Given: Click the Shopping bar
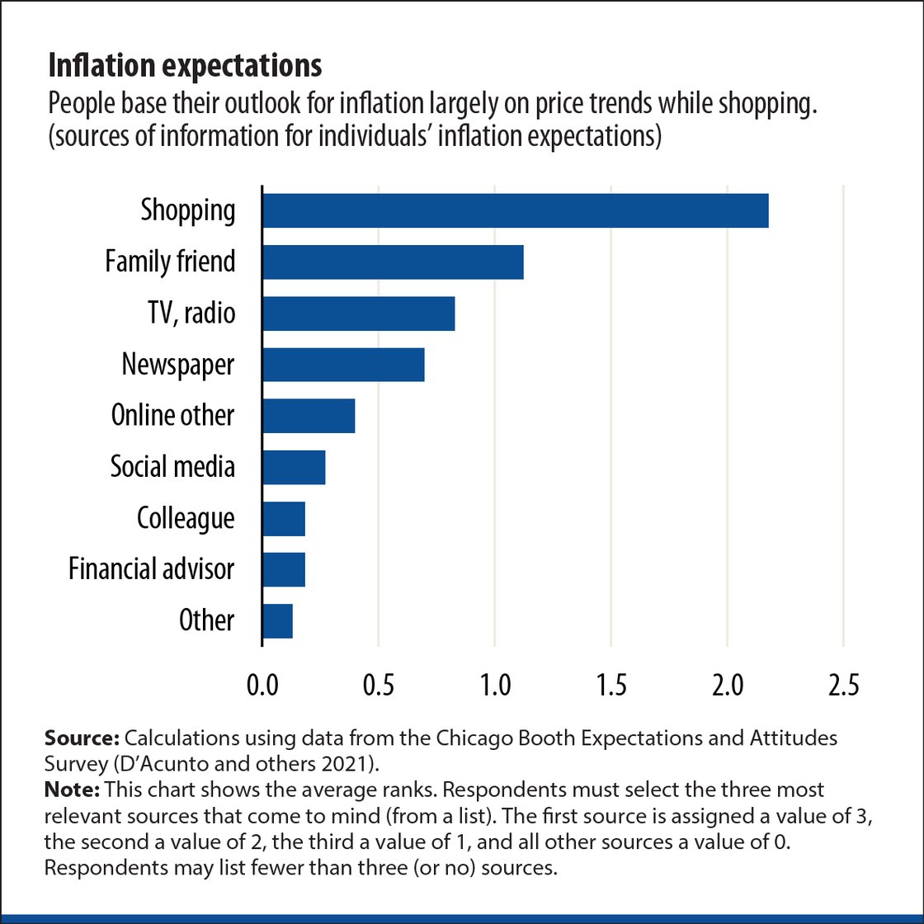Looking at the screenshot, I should [x=515, y=210].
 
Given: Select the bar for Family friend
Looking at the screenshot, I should [x=393, y=262].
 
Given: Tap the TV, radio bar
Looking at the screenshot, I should [x=358, y=313].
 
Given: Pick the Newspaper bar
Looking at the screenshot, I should [x=343, y=364].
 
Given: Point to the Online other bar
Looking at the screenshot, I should [x=309, y=415].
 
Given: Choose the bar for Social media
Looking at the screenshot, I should [x=294, y=466].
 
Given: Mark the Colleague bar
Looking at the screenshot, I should [x=284, y=517].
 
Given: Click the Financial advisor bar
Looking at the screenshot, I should [x=284, y=568].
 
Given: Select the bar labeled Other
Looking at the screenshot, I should [x=277, y=620].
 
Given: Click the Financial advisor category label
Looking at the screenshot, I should [x=152, y=568].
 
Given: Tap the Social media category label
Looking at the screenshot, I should [x=172, y=466].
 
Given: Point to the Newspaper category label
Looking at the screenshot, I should [x=178, y=364].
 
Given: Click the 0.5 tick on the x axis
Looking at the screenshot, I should [x=378, y=685].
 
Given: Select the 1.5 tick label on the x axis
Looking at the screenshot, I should [x=610, y=685].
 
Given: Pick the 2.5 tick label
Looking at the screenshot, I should [x=843, y=685].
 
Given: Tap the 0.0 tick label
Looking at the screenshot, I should [x=262, y=685].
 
